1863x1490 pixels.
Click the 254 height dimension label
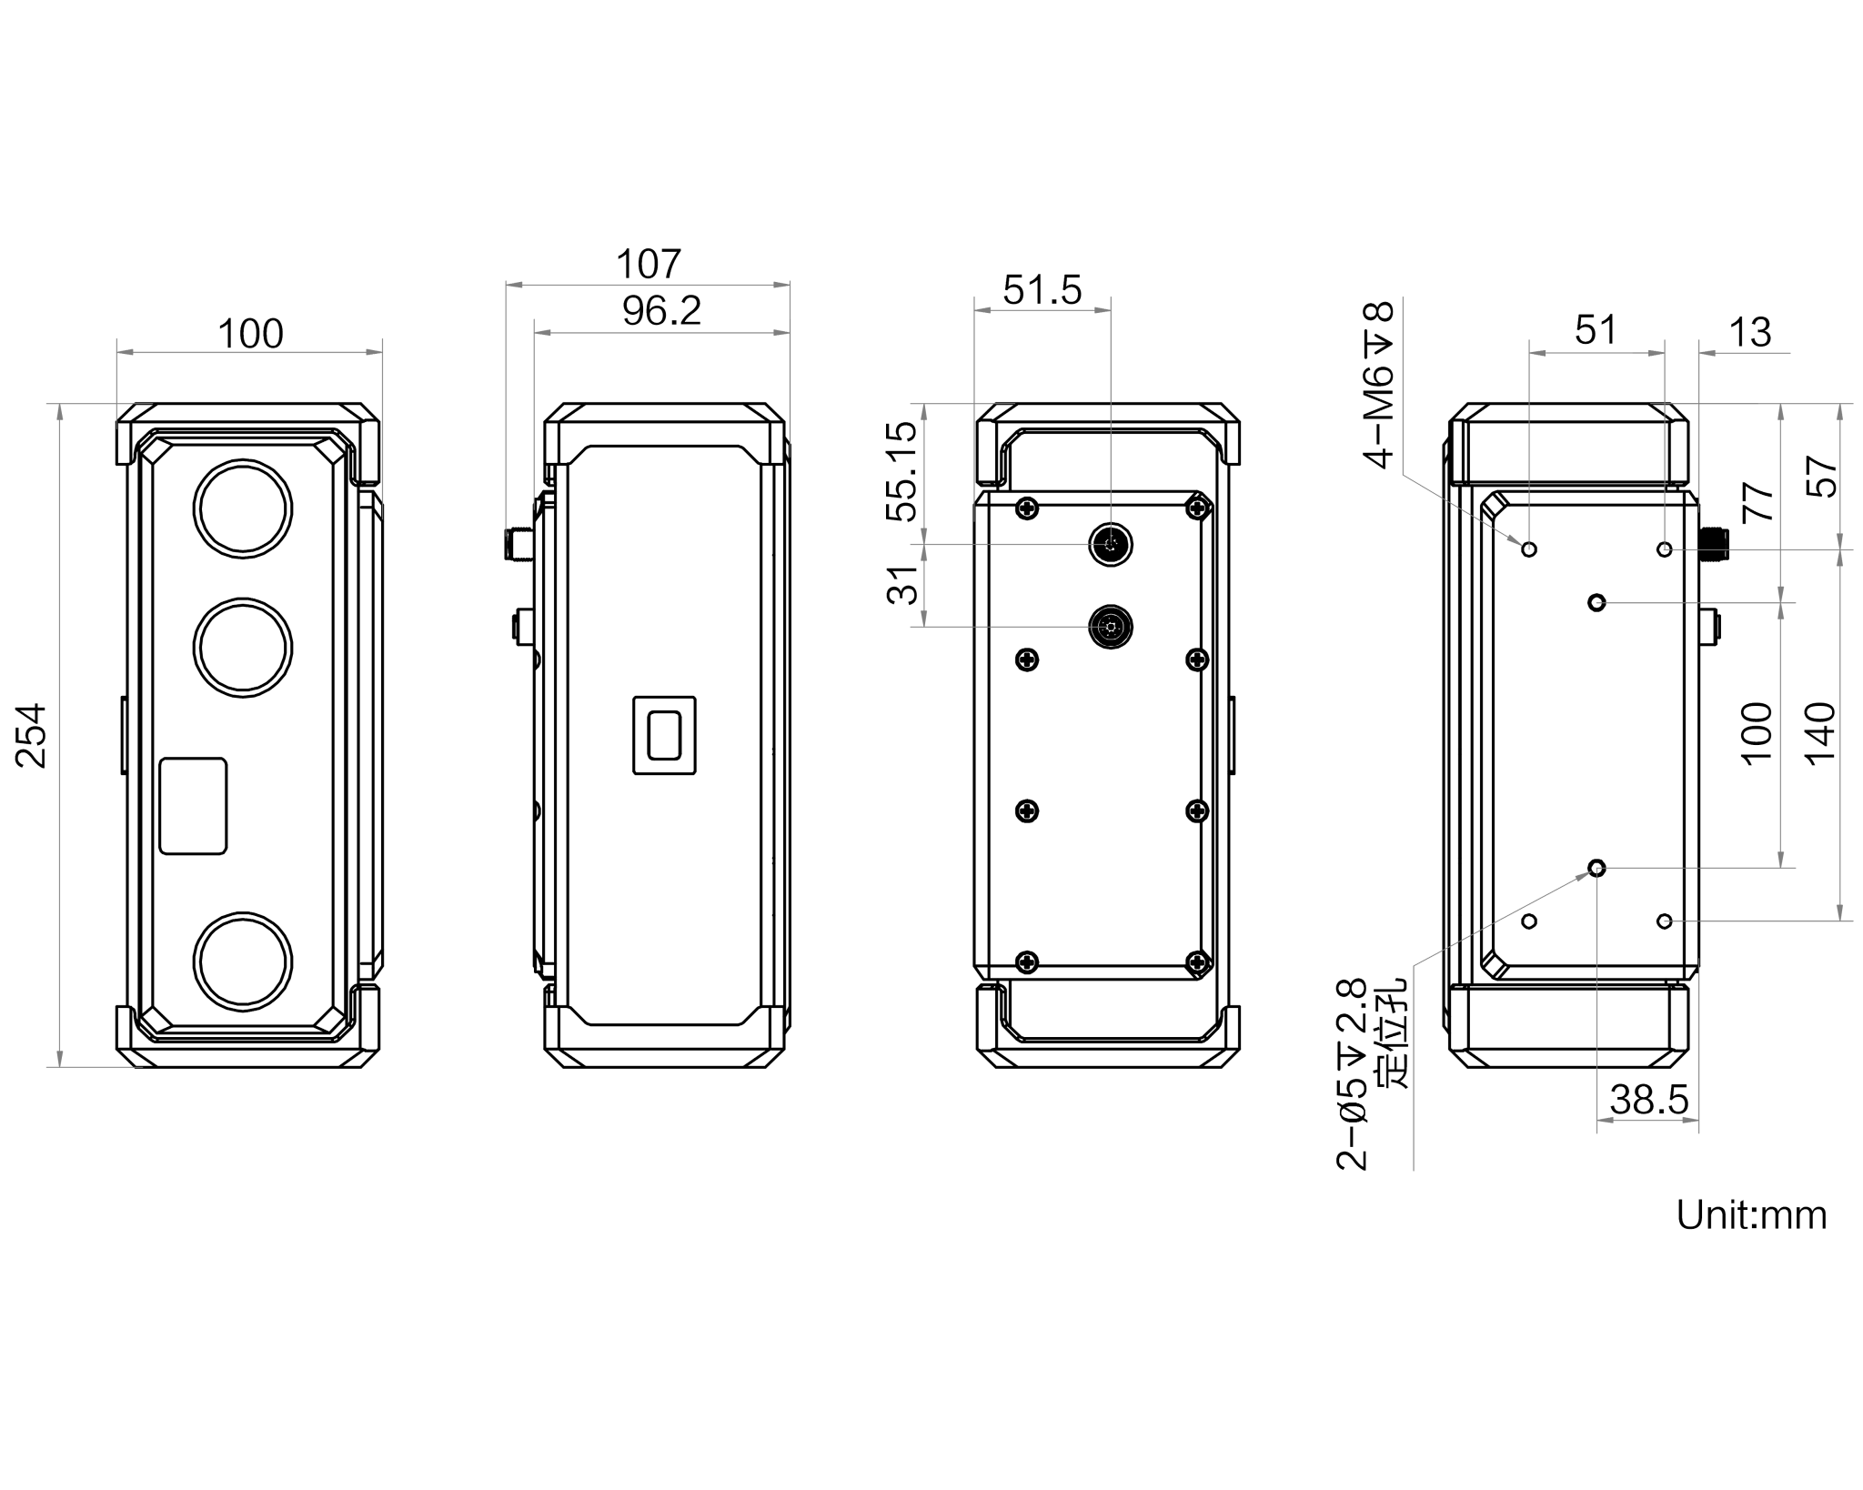[x=33, y=735]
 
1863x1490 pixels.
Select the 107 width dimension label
[x=648, y=265]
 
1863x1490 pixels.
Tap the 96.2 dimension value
[x=661, y=311]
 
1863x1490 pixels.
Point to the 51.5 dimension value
[x=1042, y=290]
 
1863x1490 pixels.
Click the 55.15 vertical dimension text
[x=901, y=470]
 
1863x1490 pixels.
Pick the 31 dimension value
[x=902, y=584]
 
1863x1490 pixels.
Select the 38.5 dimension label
[x=1649, y=1100]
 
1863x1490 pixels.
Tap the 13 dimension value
[x=1749, y=333]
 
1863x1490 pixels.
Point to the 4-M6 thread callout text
[x=1379, y=386]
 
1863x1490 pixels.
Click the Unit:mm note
[x=1751, y=1215]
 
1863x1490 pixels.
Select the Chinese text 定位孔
[x=1392, y=1033]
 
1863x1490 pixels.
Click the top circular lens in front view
[x=243, y=509]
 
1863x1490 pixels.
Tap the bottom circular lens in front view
[x=243, y=962]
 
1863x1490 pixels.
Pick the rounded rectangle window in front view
[x=193, y=806]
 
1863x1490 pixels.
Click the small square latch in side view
[x=664, y=735]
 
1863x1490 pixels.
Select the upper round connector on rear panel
[x=1112, y=545]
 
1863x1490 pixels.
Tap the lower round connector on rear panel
[x=1111, y=627]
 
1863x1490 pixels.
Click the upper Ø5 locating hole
[x=1596, y=602]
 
